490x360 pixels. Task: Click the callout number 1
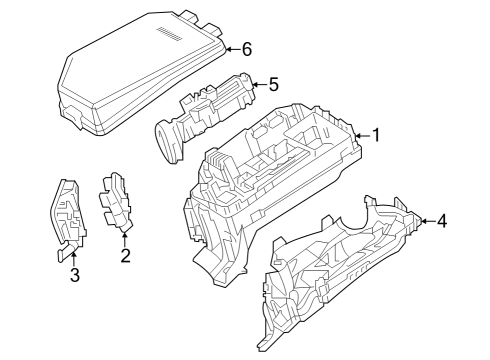pos(376,135)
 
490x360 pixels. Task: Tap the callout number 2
pos(125,256)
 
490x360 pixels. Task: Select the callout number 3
pos(74,276)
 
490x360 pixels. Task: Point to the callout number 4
pos(442,221)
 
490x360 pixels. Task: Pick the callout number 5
pos(273,84)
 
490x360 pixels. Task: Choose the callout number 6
pos(246,48)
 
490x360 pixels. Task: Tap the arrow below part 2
pos(125,235)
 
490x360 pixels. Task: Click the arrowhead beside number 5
pos(257,84)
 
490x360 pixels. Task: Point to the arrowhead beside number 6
pos(229,48)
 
